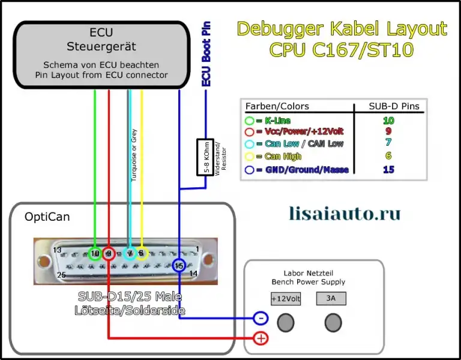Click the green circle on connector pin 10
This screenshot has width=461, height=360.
(94, 254)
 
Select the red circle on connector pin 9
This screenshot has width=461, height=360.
(109, 254)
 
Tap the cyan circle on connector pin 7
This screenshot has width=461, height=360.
(129, 254)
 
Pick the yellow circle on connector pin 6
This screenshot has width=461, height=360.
(142, 254)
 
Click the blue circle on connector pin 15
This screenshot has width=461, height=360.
(179, 265)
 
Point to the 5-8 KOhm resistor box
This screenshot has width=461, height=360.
(204, 157)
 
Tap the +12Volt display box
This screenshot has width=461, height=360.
(286, 298)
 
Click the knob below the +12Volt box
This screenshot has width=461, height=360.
(286, 323)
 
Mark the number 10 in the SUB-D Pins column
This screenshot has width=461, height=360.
(388, 121)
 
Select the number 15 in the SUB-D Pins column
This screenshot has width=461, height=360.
(388, 170)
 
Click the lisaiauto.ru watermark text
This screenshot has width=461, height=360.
(345, 212)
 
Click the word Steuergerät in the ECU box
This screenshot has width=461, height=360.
(101, 46)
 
